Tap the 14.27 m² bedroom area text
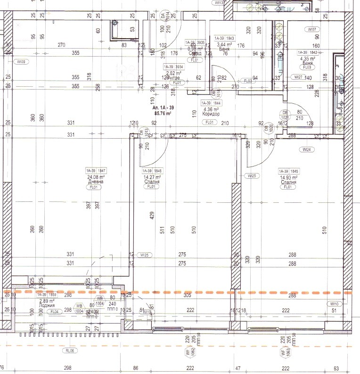pyautogui.click(x=151, y=177)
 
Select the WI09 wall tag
pyautogui.click(x=21, y=62)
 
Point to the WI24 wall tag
pyautogui.click(x=308, y=150)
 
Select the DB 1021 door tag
pyautogui.click(x=285, y=115)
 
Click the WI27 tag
pyautogui.click(x=297, y=77)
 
